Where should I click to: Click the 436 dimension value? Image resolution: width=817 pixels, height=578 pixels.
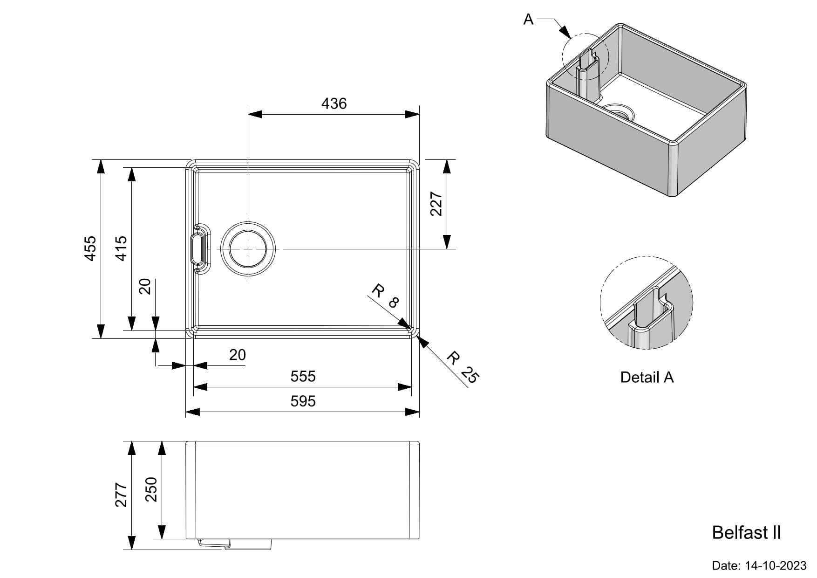334,103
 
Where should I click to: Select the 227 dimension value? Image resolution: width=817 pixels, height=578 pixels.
436,204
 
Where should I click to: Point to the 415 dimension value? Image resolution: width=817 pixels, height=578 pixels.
121,248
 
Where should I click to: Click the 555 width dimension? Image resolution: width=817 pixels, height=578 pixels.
303,376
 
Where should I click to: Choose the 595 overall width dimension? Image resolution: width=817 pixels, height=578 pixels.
303,401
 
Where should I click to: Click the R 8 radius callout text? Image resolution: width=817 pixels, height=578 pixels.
385,297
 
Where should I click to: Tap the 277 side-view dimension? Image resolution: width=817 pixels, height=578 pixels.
121,495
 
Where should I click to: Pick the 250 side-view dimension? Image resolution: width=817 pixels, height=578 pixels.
151,489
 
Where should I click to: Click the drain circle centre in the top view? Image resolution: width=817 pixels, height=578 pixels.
248,249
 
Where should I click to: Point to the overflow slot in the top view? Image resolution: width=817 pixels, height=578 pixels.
197,249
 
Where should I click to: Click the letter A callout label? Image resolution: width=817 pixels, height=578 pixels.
528,20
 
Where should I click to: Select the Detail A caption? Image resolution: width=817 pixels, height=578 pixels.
647,377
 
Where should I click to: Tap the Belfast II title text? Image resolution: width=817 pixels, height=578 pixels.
746,533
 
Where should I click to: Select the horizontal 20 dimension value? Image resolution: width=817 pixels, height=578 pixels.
237,355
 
